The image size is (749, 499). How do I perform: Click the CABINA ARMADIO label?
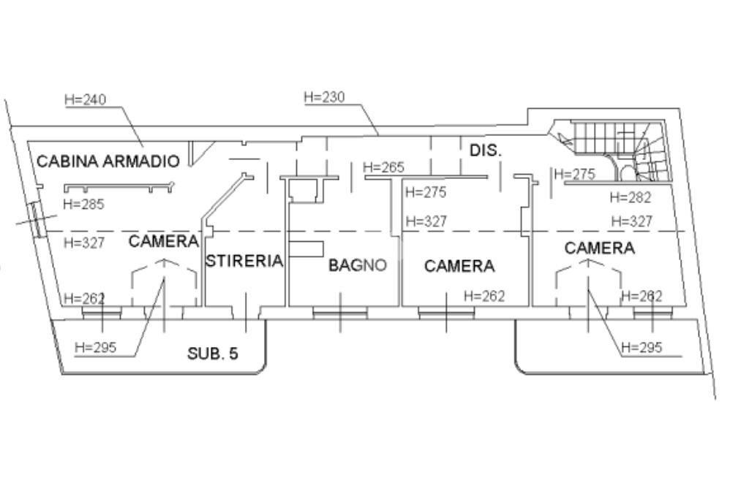tap(108, 161)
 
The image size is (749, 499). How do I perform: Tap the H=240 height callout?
tap(85, 100)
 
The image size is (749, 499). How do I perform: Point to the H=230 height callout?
tap(324, 97)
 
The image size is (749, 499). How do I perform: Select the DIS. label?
tap(485, 151)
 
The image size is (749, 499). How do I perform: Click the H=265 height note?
tap(383, 168)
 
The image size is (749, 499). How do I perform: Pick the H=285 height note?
tap(83, 205)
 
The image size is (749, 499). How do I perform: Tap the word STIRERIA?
tap(244, 261)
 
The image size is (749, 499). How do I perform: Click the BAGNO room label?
tap(357, 265)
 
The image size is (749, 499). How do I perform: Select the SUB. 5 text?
tap(213, 354)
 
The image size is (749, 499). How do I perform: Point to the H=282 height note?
tap(630, 197)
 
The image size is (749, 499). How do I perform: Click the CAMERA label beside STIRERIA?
tap(164, 241)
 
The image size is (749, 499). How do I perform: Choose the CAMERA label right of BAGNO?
tap(459, 267)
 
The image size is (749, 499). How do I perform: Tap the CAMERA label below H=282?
tap(599, 248)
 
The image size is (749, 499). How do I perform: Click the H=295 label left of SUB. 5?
tap(95, 347)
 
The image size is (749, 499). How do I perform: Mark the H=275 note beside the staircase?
tap(575, 175)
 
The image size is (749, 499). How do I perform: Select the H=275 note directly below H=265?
tap(425, 193)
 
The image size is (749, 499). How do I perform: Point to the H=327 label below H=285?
tap(83, 243)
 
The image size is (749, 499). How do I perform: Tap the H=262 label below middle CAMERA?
tap(484, 296)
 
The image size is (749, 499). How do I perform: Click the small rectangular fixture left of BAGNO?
tap(306, 249)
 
